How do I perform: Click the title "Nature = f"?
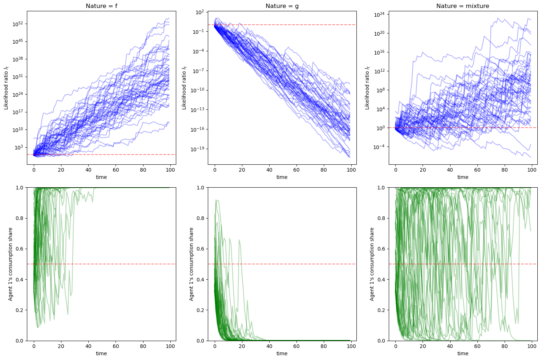point(101,6)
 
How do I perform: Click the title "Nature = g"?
point(282,6)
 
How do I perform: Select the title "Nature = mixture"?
point(463,6)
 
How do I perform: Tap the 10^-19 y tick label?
point(198,149)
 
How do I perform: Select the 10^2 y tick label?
point(200,12)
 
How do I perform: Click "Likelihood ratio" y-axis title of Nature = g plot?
point(184,88)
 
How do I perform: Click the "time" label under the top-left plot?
point(101,177)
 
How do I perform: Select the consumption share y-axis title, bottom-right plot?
point(372,264)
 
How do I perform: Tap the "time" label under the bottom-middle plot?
point(282,353)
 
